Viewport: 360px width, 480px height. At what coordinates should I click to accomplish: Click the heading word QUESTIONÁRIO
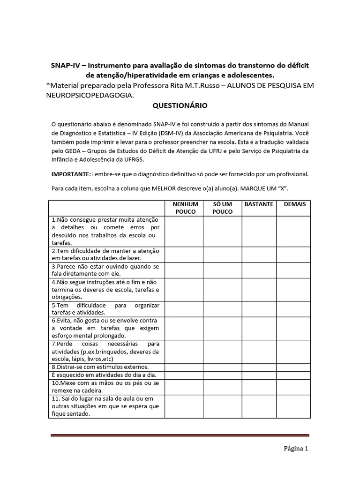click(180, 106)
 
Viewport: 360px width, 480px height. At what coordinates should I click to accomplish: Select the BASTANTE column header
click(259, 204)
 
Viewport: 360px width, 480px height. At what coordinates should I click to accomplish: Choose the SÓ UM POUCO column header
click(222, 208)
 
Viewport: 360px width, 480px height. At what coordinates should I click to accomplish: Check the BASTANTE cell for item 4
click(259, 289)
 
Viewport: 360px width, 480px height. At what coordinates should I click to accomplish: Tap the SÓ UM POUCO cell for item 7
click(222, 352)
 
